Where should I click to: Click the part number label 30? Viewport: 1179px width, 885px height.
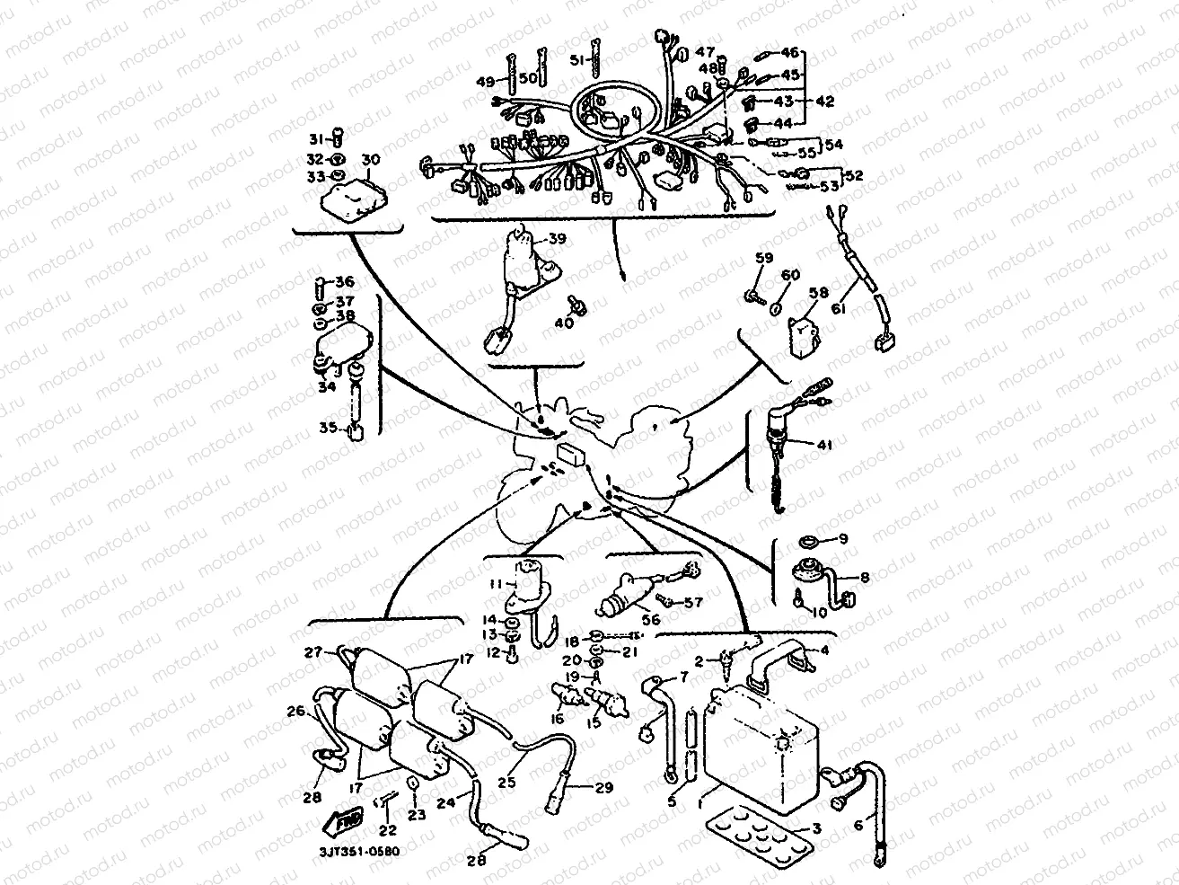(370, 160)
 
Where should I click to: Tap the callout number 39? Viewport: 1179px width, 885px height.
(558, 240)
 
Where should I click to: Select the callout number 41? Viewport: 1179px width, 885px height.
(825, 444)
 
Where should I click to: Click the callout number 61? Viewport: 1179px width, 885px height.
(838, 308)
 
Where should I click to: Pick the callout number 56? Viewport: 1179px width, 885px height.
(650, 620)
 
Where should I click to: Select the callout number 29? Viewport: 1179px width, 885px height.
(603, 787)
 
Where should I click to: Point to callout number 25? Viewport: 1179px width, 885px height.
(506, 783)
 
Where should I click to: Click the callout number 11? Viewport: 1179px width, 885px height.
(495, 584)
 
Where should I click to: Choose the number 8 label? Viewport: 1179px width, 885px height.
(865, 578)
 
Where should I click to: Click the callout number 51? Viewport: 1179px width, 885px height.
(579, 60)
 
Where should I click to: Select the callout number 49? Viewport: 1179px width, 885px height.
(486, 82)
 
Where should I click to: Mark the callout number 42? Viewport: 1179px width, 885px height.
(824, 102)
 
